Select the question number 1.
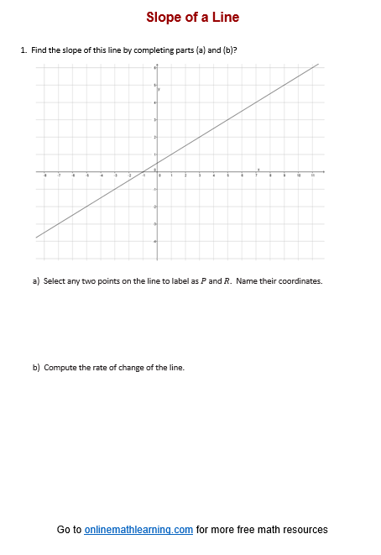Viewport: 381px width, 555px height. pos(23,50)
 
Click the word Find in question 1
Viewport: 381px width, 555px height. pos(39,50)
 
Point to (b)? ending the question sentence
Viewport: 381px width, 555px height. pos(228,50)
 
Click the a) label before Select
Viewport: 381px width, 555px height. pos(36,281)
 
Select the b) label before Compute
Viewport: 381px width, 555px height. pos(36,368)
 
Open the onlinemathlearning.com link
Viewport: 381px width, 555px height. pos(138,530)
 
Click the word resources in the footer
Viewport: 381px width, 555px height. pos(305,530)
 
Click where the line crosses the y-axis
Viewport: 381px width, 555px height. pos(156,162)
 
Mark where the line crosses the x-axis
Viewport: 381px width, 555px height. pos(144,170)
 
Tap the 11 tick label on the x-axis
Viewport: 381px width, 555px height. pos(313,175)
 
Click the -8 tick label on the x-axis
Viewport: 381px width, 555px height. pos(45,175)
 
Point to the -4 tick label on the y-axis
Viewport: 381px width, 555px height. pos(154,241)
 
